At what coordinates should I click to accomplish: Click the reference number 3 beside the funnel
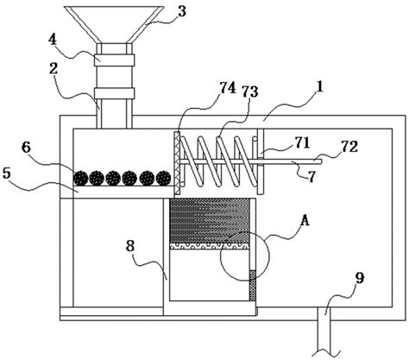181,11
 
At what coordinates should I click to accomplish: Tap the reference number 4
53,40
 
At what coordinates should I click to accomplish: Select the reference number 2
53,69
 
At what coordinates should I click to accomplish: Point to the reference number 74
228,88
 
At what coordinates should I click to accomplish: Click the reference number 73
249,92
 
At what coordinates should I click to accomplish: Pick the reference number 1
320,87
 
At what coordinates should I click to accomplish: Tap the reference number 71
301,143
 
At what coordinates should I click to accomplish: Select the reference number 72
349,147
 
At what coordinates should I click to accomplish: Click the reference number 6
26,148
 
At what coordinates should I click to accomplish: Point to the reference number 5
6,174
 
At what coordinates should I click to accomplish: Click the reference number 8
130,246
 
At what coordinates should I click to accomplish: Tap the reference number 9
360,278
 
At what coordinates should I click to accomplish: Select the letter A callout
305,221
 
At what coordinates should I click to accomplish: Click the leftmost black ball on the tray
80,179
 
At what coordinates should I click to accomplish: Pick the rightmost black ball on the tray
164,179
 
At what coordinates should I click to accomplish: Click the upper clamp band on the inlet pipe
114,60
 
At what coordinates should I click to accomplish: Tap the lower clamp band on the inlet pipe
114,93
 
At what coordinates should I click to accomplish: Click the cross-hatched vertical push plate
177,162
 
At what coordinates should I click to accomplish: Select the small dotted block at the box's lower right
252,286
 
